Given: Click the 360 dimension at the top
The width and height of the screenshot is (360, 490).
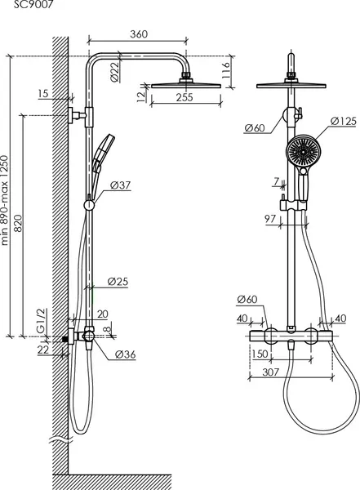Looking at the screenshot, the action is tap(139, 34).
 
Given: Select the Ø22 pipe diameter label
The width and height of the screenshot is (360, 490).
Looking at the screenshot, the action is tap(115, 72).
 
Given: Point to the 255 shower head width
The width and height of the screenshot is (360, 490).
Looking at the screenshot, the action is tap(184, 97).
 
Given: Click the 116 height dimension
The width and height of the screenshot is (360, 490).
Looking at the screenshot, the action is tap(225, 70).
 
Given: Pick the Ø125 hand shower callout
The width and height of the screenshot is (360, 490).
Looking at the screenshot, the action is tap(343, 121).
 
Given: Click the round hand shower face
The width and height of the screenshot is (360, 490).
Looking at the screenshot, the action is tap(304, 151).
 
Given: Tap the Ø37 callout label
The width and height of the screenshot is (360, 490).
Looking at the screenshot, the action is tap(120, 185).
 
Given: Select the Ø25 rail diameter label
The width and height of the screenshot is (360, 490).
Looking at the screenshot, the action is tap(118, 282).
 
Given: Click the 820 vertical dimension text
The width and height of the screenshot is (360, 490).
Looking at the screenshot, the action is tap(18, 223).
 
